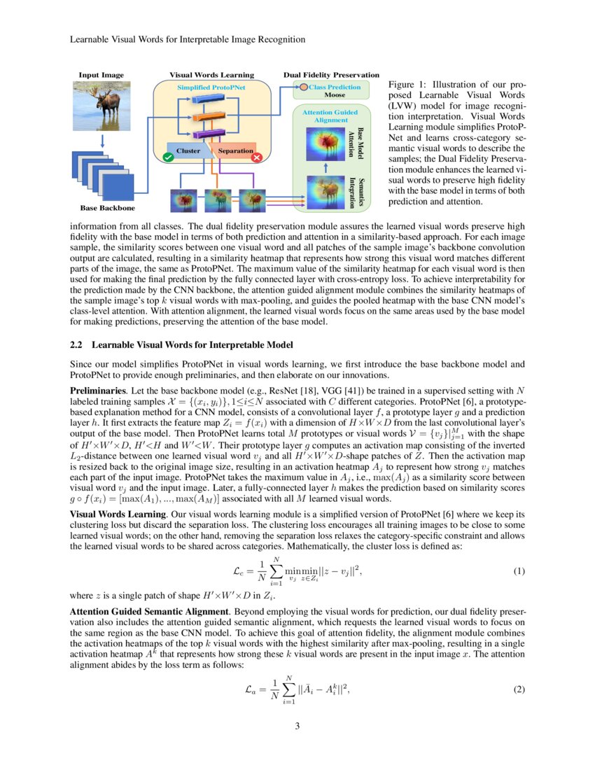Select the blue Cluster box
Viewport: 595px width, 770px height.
tap(188, 150)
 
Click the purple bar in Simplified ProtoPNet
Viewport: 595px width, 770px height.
tap(208, 133)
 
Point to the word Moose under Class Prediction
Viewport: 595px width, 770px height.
tap(334, 94)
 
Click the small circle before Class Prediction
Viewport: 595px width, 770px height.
tap(303, 87)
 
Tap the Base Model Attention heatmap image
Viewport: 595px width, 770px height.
tap(325, 143)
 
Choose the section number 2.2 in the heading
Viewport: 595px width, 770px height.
tap(78, 344)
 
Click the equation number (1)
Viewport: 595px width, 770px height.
tap(519, 571)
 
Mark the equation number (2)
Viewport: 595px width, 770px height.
tap(519, 689)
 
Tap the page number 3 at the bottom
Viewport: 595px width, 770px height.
tap(297, 726)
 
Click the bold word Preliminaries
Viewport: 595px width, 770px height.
tap(97, 389)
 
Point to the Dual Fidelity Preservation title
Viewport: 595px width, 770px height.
tap(331, 75)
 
